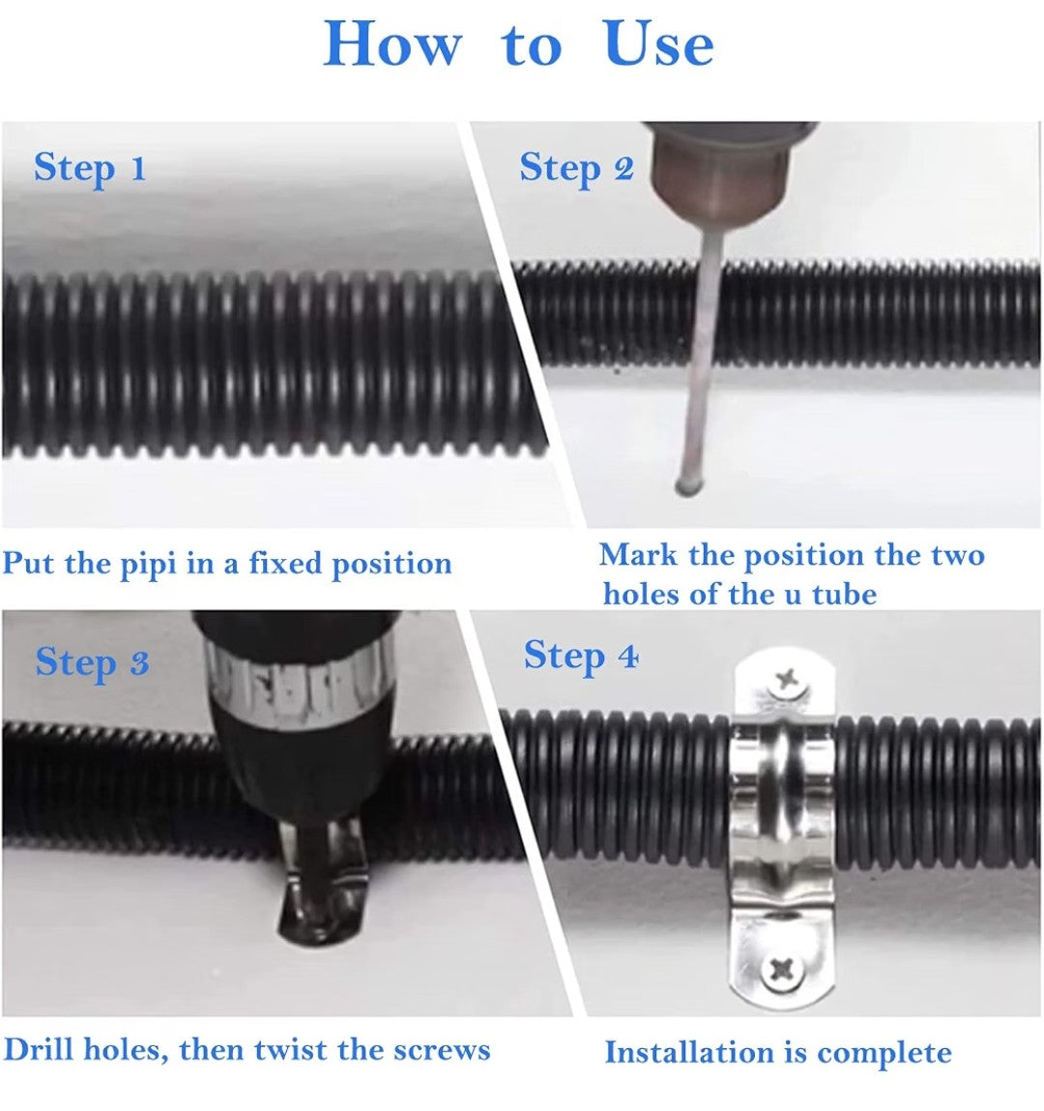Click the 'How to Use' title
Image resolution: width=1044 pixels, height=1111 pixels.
[518, 44]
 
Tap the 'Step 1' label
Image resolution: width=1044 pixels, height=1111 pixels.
[90, 168]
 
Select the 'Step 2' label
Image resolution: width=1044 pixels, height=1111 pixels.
[576, 168]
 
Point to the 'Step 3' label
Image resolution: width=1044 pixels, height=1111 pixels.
[92, 663]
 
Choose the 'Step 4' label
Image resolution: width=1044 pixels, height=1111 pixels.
[581, 657]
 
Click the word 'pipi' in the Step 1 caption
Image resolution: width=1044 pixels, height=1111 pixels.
[146, 565]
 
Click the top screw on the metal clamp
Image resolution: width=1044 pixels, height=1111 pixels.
[787, 683]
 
